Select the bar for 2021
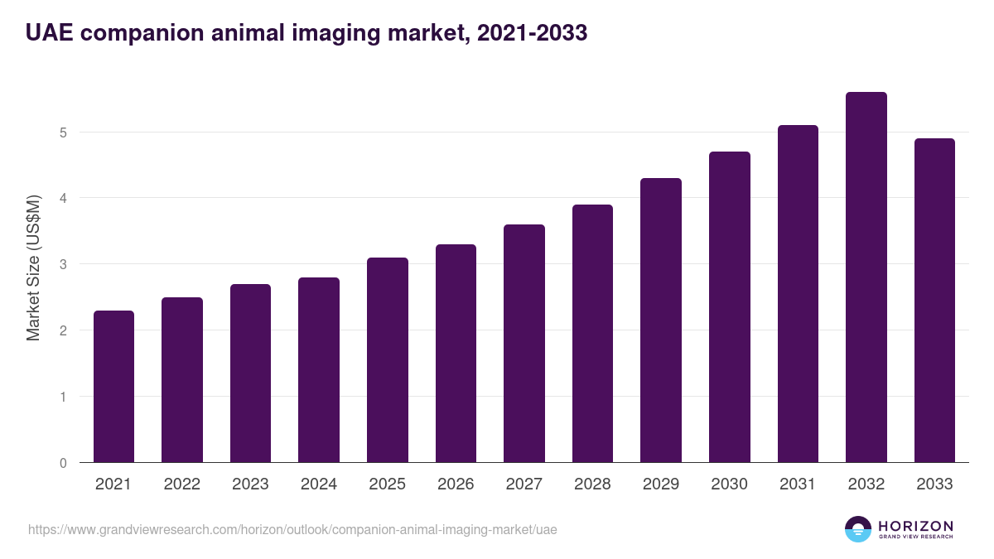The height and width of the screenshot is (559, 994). click(113, 387)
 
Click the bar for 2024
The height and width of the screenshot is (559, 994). click(319, 370)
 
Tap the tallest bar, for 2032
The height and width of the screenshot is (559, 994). click(866, 277)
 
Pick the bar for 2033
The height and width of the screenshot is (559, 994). click(934, 301)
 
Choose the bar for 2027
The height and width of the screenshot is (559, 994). click(524, 344)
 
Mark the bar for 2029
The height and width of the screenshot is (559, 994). click(661, 320)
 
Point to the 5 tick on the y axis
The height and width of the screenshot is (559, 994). click(63, 133)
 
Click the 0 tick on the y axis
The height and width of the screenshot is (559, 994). click(63, 463)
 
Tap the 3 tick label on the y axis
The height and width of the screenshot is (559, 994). click(63, 264)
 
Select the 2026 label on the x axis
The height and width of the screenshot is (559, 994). click(456, 484)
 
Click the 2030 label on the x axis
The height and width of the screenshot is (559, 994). click(729, 484)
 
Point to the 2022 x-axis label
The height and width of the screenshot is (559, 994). click(181, 484)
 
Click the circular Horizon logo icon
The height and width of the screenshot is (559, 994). click(858, 529)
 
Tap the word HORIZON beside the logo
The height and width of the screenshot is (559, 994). click(915, 526)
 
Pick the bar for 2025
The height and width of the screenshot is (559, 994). click(388, 360)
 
